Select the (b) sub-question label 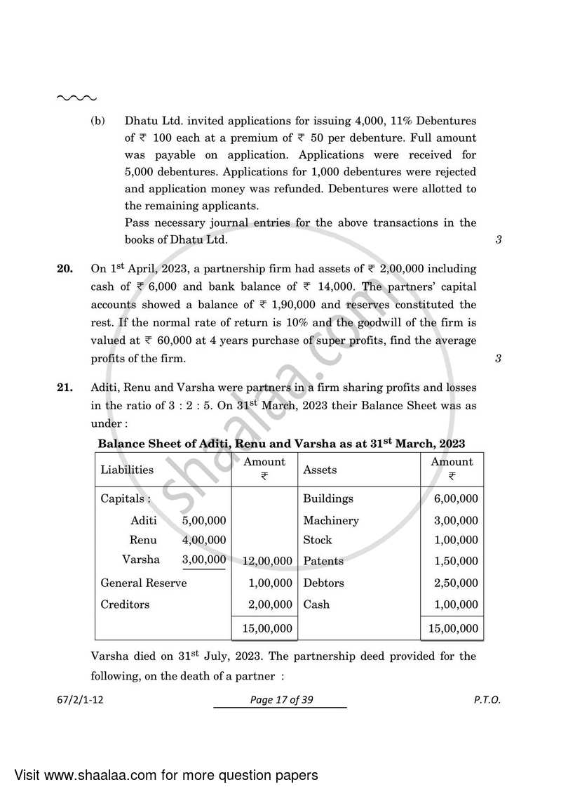[97, 120]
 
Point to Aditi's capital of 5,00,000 [204, 520]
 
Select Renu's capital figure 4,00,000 [204, 540]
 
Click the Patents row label [323, 561]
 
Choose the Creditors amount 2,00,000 [270, 604]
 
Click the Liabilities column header [127, 470]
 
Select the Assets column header [320, 470]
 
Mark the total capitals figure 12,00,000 [267, 561]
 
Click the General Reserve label [144, 583]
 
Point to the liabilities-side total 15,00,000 [267, 628]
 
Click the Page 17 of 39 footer [280, 699]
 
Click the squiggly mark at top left [76, 98]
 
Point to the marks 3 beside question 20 [498, 359]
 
